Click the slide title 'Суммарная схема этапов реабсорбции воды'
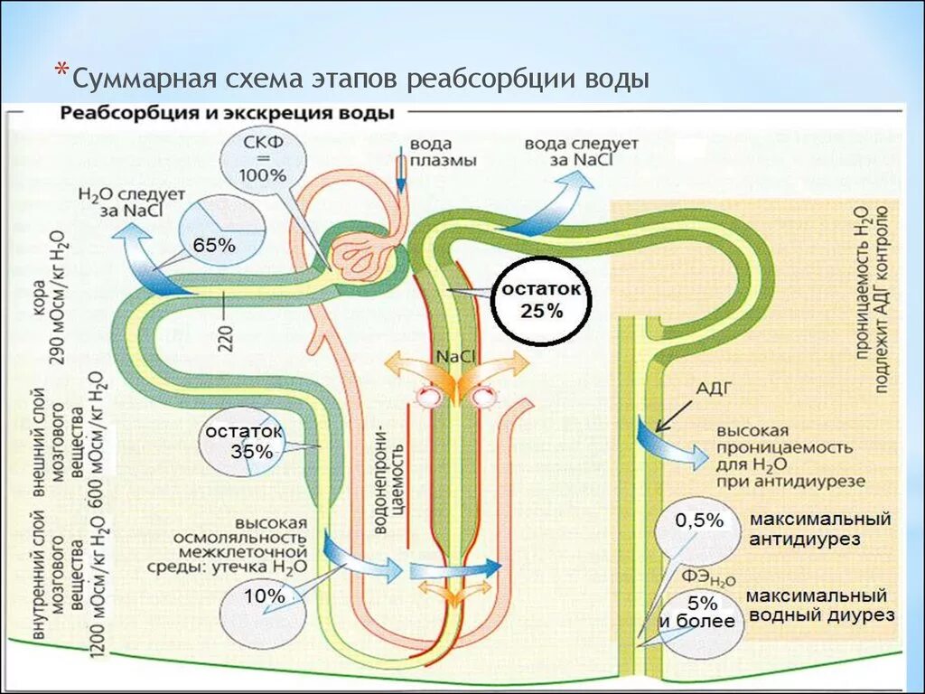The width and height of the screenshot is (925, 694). (x=361, y=79)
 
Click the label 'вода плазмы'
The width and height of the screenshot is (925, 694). (x=442, y=153)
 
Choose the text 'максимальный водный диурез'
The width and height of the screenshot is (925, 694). (x=819, y=605)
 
